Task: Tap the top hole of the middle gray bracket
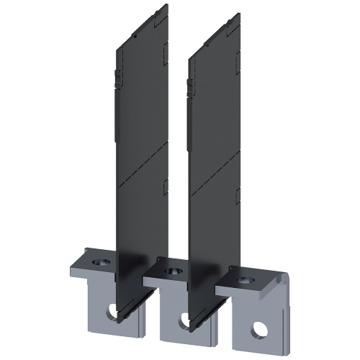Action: (171, 271)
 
